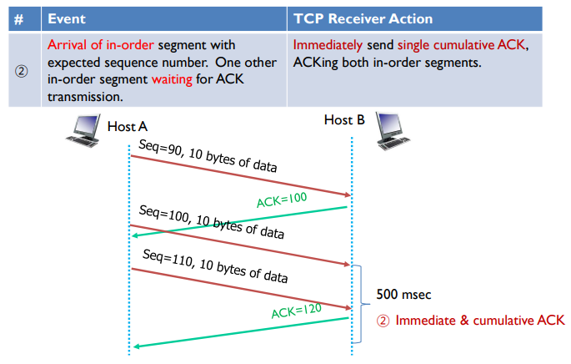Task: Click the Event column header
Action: pyautogui.click(x=65, y=18)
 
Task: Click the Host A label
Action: pyautogui.click(x=128, y=127)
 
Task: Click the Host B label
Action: pyautogui.click(x=344, y=120)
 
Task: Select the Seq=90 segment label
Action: pyautogui.click(x=208, y=159)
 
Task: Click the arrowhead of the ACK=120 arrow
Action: pyautogui.click(x=136, y=346)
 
